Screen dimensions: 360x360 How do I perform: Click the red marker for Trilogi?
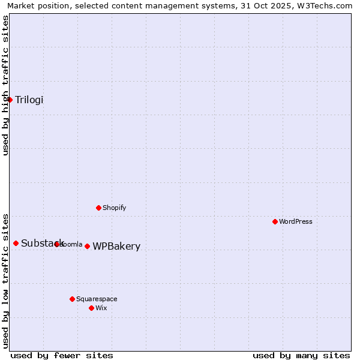10,100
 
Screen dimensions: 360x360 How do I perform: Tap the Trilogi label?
29,100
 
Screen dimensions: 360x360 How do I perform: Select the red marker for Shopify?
99,208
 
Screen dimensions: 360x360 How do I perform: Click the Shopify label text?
114,208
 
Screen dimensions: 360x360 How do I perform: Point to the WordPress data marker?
275,221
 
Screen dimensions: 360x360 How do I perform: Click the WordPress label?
296,221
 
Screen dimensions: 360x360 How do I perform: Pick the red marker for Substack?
16,243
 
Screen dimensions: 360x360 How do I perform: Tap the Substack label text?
42,243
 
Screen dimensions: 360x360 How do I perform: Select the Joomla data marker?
57,244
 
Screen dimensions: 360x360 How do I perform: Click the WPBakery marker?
88,246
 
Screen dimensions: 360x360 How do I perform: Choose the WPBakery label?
116,246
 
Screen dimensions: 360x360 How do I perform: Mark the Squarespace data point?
73,299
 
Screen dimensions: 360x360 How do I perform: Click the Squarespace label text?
97,299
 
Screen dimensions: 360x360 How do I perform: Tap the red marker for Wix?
92,308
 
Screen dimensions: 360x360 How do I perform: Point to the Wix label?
101,308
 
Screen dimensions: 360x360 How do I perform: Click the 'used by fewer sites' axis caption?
62,355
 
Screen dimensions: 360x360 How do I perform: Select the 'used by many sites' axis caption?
301,355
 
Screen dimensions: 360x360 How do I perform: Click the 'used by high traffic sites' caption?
5,85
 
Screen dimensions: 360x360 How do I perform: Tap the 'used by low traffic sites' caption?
5,280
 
